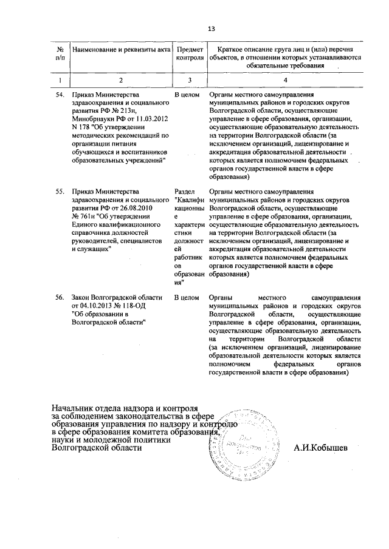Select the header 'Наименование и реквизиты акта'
(x=120, y=49)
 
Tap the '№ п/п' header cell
(x=60, y=53)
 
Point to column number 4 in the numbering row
(x=286, y=80)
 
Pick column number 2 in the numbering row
(x=120, y=80)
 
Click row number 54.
(x=60, y=96)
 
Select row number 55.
(x=60, y=191)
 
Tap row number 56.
(x=60, y=298)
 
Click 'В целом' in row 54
(x=187, y=96)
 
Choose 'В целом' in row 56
(x=187, y=298)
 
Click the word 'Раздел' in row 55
(x=185, y=191)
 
